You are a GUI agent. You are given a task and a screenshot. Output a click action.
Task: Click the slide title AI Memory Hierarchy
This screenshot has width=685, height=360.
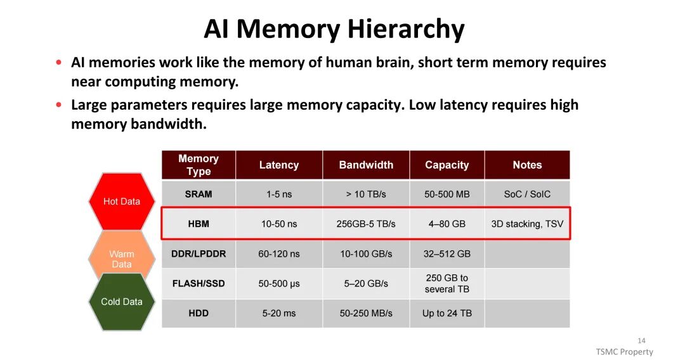click(x=334, y=29)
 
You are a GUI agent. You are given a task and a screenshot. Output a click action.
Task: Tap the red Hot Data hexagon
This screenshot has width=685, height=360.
click(x=121, y=202)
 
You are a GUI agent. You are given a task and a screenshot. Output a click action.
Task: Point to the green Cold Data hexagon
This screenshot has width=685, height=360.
click(x=121, y=302)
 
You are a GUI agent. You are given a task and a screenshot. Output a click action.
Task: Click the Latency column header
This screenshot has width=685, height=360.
click(x=278, y=165)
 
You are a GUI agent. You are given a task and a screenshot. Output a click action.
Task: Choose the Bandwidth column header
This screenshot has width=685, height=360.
click(x=366, y=165)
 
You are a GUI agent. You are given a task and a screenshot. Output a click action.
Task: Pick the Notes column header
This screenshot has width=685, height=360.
click(x=527, y=165)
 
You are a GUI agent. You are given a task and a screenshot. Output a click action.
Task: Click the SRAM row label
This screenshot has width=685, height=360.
click(x=199, y=194)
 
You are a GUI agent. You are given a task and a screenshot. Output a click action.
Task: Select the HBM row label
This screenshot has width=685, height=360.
click(x=199, y=224)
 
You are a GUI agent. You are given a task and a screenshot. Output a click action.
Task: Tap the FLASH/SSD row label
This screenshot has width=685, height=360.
click(x=199, y=283)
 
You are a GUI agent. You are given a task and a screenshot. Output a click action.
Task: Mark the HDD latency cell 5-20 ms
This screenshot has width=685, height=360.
click(x=279, y=313)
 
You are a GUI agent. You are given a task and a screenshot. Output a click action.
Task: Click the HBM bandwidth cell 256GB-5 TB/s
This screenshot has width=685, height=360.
click(x=366, y=224)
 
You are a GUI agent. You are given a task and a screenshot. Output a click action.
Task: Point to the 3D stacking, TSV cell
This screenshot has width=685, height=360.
click(x=527, y=224)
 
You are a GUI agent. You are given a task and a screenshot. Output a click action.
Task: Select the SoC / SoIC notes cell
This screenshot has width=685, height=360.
click(x=527, y=194)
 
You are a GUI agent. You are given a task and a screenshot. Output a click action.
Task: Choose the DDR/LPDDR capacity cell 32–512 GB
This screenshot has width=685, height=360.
click(x=447, y=254)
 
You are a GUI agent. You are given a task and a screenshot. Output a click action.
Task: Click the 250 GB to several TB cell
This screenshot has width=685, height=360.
click(x=447, y=283)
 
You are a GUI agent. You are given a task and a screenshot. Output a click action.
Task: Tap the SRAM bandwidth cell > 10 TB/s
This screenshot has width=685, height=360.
click(x=366, y=194)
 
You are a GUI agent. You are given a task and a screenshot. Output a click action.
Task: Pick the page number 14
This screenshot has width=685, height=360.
click(x=641, y=340)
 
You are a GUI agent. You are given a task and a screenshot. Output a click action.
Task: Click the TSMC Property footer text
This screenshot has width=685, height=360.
click(x=624, y=352)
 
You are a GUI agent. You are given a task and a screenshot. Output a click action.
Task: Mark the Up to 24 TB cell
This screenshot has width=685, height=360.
click(x=447, y=313)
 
